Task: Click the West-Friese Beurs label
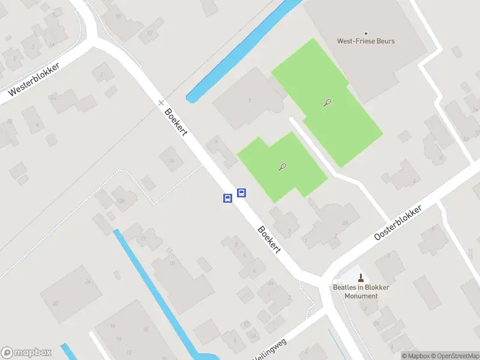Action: [x=365, y=41]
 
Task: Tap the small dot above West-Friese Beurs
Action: [x=366, y=34]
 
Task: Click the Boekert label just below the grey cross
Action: [x=176, y=121]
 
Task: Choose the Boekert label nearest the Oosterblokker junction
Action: [x=269, y=239]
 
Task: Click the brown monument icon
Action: [x=361, y=277]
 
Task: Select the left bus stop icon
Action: [x=228, y=198]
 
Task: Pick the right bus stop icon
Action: [x=241, y=193]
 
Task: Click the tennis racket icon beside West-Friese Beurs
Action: [x=327, y=103]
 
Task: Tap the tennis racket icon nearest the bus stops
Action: [x=282, y=167]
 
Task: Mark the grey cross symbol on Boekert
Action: [x=161, y=103]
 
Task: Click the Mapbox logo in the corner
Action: [x=26, y=353]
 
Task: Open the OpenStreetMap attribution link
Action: [x=456, y=356]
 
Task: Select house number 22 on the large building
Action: [x=55, y=304]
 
